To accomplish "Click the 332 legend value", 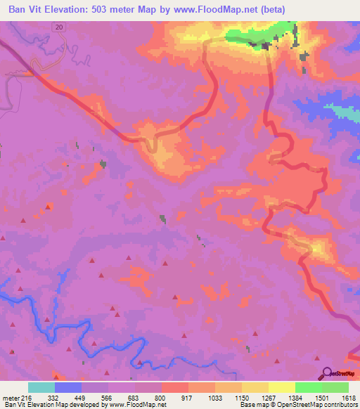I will [x=53, y=397].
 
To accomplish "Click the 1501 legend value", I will [x=323, y=397].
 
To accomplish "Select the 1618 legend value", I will [x=347, y=397].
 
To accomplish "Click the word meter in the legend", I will [x=9, y=397].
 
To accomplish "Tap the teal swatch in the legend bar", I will [x=41, y=387].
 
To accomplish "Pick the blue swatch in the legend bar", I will [x=68, y=387].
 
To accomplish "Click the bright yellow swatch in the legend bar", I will [x=282, y=387].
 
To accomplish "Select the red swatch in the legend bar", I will [x=175, y=387].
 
